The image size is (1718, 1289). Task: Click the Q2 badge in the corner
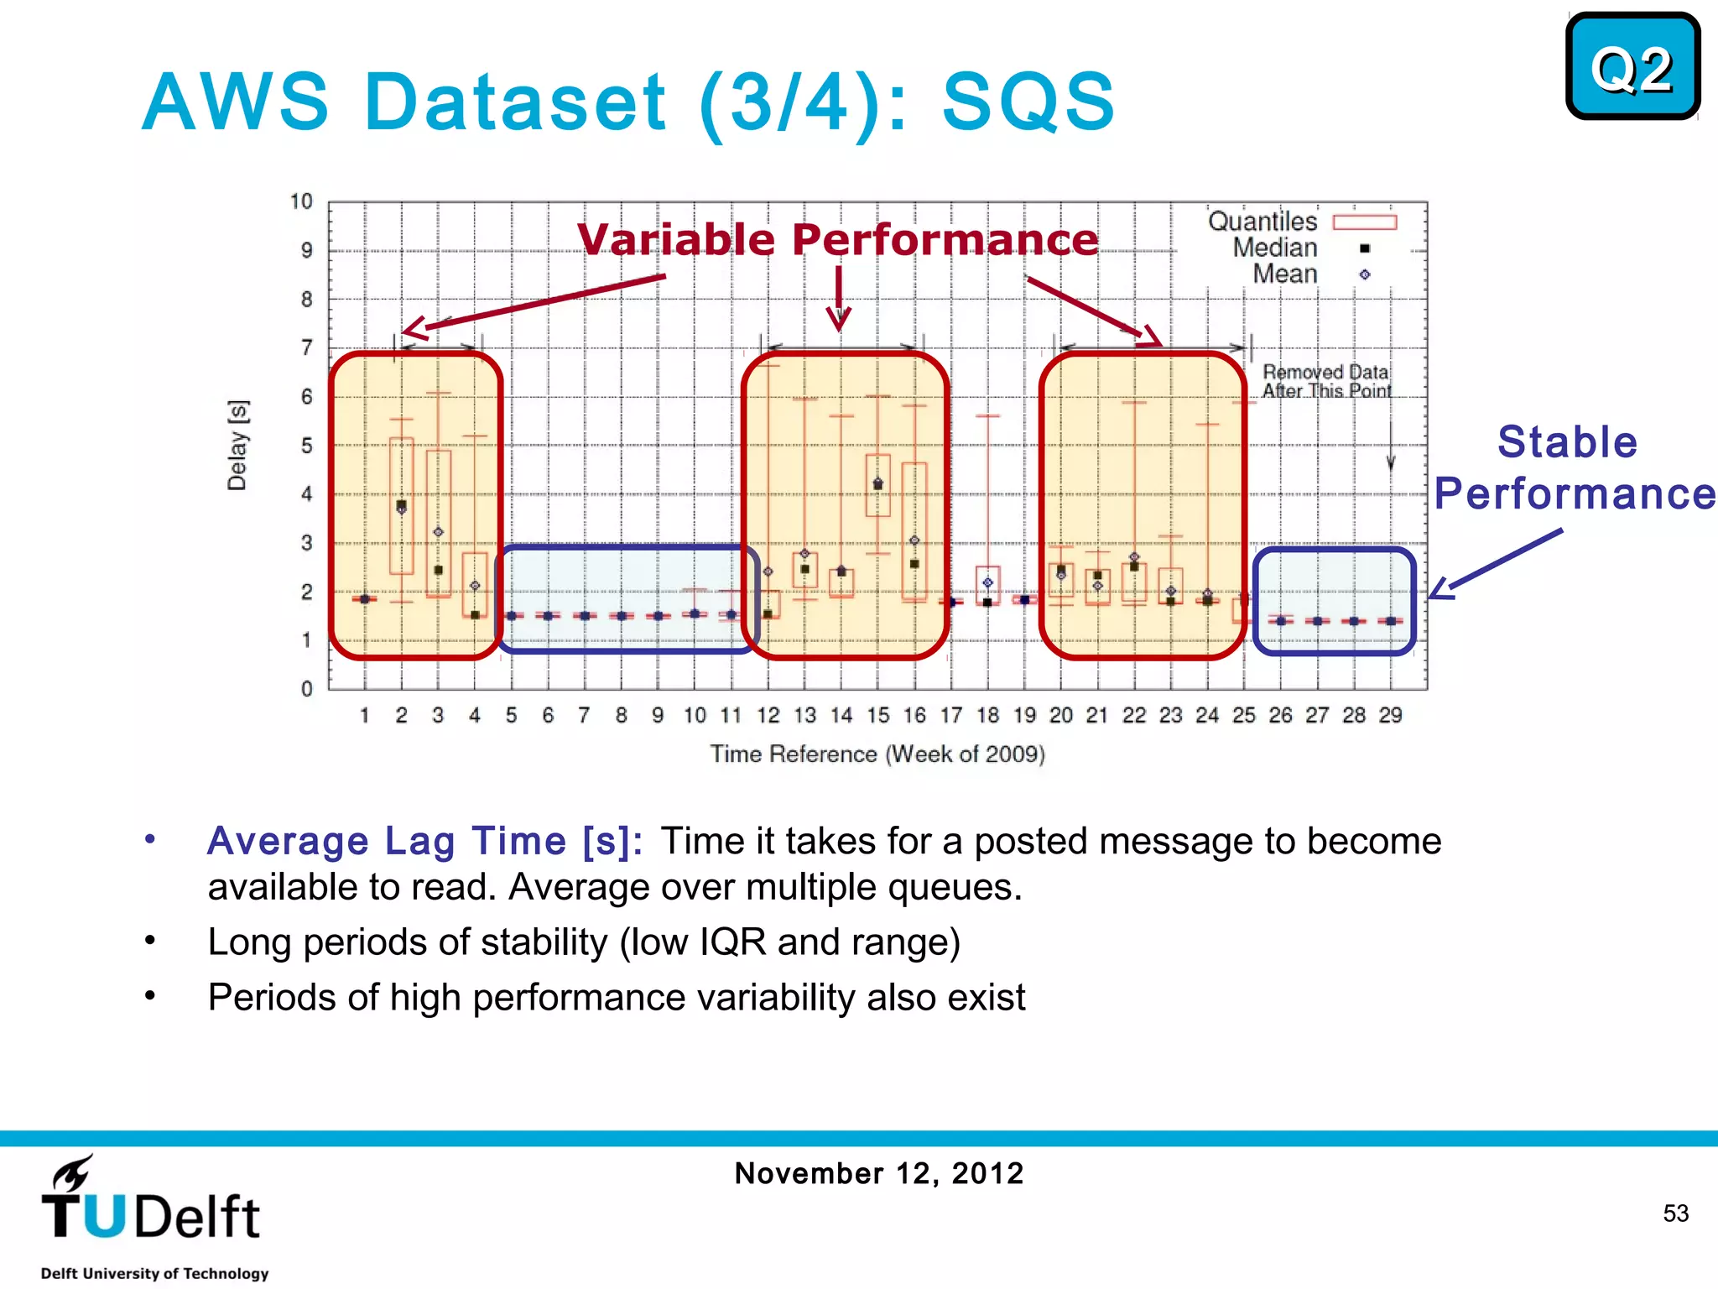[1632, 67]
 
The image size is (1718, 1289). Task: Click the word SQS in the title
[1028, 102]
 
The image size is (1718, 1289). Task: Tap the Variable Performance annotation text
[837, 239]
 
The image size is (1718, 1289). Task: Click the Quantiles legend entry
[1302, 222]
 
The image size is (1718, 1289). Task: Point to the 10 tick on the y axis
[300, 201]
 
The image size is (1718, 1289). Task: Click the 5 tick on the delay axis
[306, 446]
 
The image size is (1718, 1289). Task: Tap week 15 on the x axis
[877, 715]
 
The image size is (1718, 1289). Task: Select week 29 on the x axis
[1390, 715]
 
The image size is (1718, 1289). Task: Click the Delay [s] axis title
[237, 445]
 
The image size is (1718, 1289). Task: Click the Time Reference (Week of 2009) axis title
[877, 754]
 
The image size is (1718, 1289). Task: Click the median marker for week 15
[878, 485]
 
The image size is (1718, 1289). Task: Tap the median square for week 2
[401, 505]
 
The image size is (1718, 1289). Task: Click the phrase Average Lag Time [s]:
[424, 841]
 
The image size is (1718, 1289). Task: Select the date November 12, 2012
[878, 1173]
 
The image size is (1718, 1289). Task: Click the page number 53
[1675, 1213]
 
